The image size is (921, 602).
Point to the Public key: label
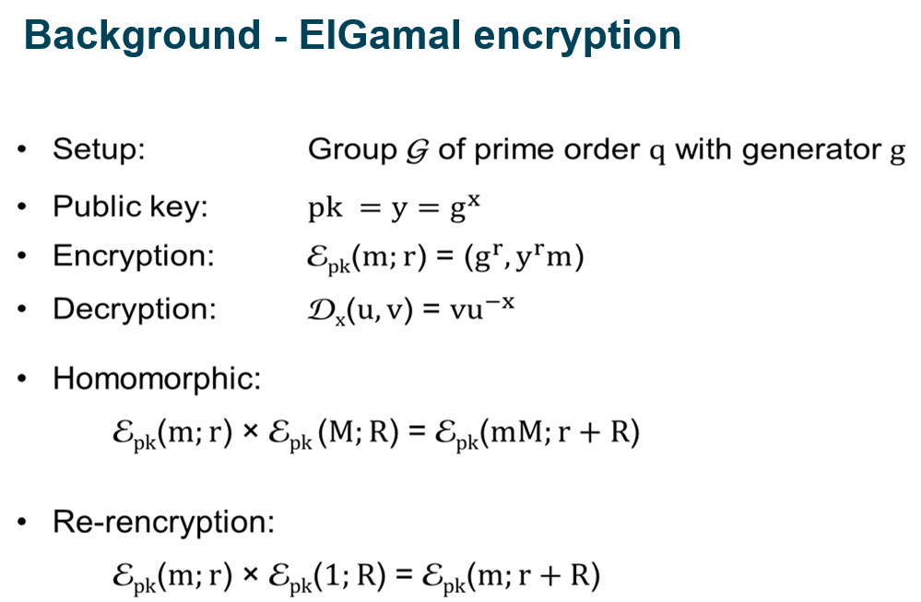130,207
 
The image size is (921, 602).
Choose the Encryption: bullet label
133,255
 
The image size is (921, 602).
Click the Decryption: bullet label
135,308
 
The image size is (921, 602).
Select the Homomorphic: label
156,378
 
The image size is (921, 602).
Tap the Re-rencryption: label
164,523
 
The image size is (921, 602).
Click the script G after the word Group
416,149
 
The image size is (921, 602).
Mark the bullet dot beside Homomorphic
23,379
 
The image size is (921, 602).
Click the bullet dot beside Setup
23,149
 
